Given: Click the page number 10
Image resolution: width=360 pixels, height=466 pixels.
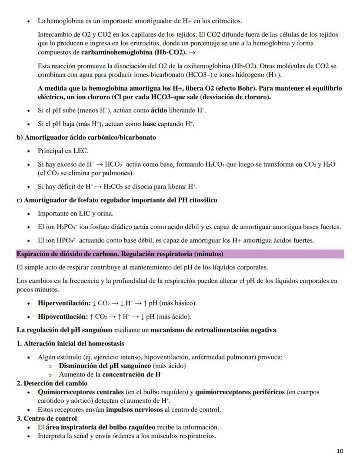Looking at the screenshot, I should pyautogui.click(x=340, y=451).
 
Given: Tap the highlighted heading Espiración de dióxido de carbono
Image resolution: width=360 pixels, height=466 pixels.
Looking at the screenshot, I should pyautogui.click(x=120, y=254).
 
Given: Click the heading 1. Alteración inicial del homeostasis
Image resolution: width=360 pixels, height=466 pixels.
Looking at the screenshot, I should pyautogui.click(x=70, y=343).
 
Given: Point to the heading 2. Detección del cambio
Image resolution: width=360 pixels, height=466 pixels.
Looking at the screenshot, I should pyautogui.click(x=52, y=383).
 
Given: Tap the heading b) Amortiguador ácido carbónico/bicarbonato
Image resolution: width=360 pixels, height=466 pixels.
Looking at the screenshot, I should pyautogui.click(x=86, y=137).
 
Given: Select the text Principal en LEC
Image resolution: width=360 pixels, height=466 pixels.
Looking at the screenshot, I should pyautogui.click(x=63, y=151).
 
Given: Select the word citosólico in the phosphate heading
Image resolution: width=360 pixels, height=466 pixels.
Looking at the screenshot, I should pyautogui.click(x=201, y=200).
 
